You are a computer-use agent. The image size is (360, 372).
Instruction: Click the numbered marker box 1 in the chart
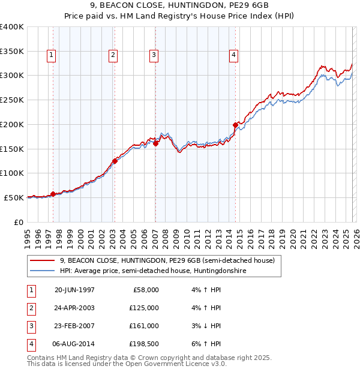click(x=51, y=55)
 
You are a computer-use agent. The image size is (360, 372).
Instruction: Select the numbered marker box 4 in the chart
click(x=233, y=55)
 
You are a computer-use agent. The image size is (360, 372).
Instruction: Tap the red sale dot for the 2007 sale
click(x=155, y=143)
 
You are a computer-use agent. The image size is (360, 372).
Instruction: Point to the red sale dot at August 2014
click(x=235, y=125)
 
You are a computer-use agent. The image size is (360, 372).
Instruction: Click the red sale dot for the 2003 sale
click(x=114, y=161)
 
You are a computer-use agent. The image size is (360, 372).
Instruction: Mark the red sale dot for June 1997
click(x=53, y=193)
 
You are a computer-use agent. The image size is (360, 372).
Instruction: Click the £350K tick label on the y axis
click(x=11, y=52)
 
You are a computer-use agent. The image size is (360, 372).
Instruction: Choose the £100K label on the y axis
click(x=11, y=173)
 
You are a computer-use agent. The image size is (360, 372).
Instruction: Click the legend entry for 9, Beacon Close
click(x=167, y=260)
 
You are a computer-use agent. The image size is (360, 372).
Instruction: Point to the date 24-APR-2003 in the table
click(x=74, y=308)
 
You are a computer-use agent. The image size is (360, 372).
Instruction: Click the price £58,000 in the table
click(x=146, y=290)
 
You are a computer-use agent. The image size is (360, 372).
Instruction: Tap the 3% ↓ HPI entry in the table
click(x=205, y=326)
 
